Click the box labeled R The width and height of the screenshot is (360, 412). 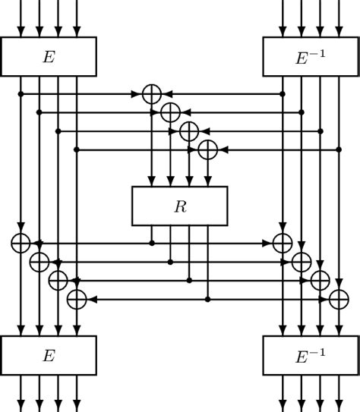179,206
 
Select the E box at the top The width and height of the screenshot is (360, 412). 49,56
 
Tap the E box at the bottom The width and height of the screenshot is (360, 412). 49,355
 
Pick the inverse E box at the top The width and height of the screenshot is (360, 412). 310,56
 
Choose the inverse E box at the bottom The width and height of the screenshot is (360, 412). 310,355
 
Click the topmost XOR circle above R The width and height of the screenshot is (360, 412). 152,93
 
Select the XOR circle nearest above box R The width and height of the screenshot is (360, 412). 207,150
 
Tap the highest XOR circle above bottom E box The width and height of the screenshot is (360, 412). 21,243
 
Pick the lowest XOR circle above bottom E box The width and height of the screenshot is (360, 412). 76,299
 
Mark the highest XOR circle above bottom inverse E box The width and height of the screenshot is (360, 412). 283,243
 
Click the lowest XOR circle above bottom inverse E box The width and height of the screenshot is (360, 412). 338,299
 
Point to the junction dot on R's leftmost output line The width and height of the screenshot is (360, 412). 152,243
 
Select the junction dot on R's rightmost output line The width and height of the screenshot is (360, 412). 207,299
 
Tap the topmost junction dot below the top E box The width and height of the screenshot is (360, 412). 21,93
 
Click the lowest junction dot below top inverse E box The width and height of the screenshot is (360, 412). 338,150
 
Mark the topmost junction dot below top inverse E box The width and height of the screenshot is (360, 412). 283,93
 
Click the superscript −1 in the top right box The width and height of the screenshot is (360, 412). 321,51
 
